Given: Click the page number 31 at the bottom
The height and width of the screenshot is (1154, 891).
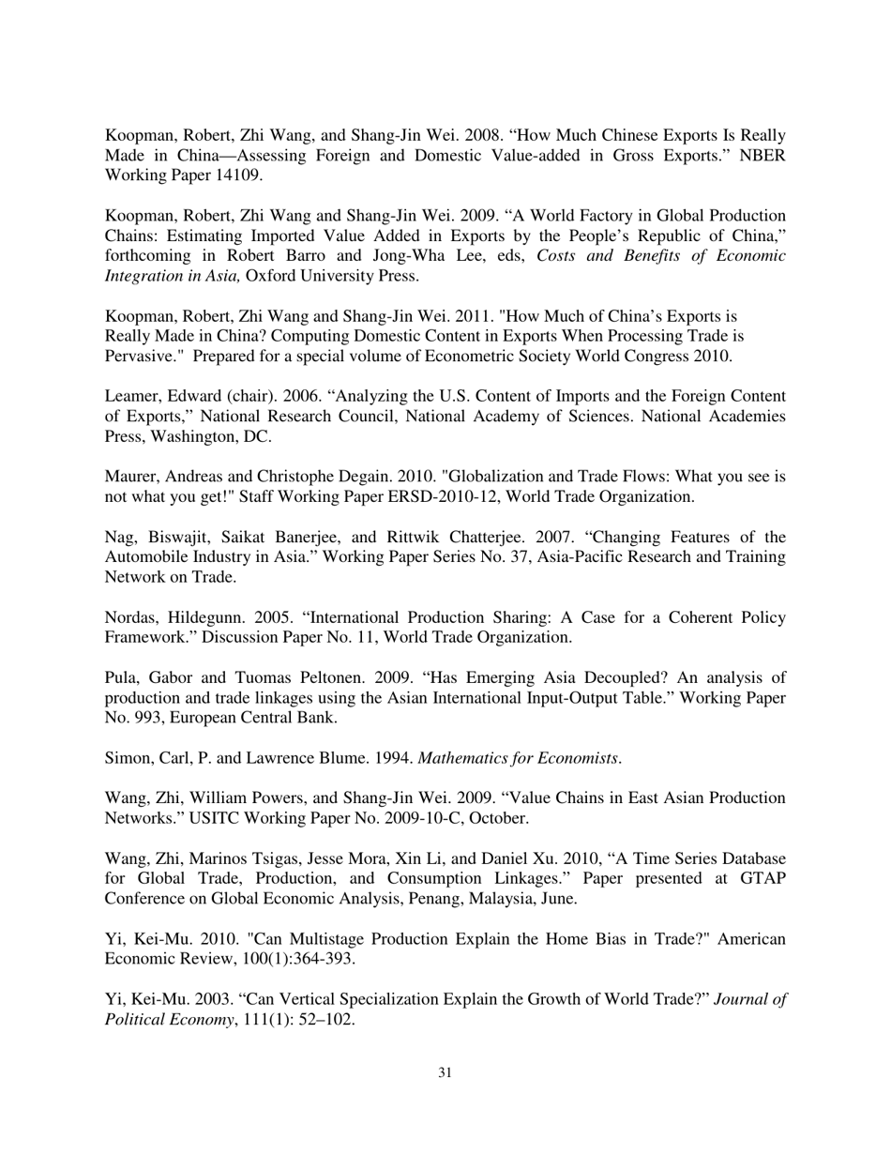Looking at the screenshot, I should coord(445,1072).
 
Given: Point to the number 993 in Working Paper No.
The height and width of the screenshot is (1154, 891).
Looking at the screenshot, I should coord(144,719).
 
